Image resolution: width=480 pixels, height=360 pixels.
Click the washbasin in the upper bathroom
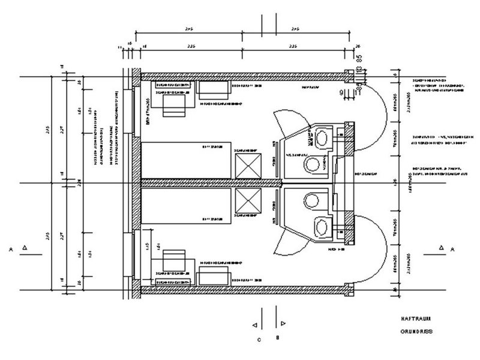tap(324, 136)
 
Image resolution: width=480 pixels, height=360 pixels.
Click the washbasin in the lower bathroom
tap(324, 226)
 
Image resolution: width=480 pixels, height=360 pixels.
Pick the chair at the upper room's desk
tap(175, 107)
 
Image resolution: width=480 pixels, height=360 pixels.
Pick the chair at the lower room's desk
tap(175, 259)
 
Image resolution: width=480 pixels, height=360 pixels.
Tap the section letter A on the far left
tap(11, 247)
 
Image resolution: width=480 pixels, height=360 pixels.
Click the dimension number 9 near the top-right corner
tap(340, 92)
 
